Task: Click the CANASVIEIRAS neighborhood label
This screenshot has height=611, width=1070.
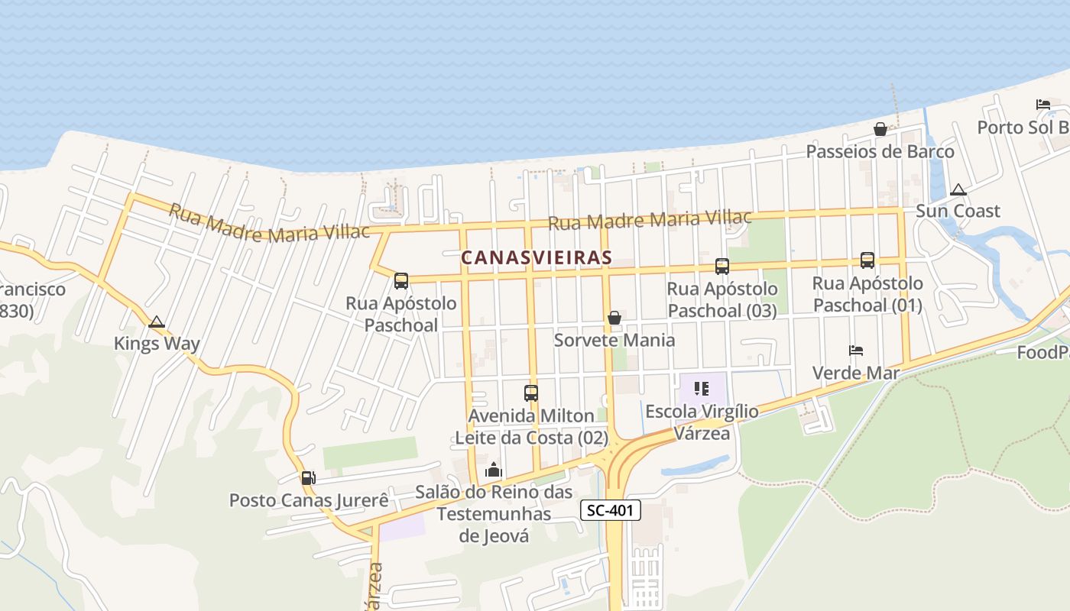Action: point(537,258)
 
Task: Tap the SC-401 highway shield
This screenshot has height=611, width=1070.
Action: point(611,510)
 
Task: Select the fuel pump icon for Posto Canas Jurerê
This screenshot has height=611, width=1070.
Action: point(308,478)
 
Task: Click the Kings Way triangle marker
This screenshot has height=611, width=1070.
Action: point(157,322)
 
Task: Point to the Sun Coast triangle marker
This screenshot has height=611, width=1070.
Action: point(958,189)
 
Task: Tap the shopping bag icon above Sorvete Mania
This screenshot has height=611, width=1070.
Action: point(614,318)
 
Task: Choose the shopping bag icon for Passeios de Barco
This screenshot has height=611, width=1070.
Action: point(880,129)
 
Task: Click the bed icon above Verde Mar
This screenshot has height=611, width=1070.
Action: point(856,351)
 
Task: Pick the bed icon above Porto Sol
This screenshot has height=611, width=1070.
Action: point(1043,104)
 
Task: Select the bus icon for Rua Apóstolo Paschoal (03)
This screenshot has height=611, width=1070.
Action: point(722,267)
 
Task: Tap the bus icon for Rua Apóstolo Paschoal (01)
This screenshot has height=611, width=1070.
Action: point(867,260)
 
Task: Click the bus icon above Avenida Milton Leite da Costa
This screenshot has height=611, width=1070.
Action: point(531,393)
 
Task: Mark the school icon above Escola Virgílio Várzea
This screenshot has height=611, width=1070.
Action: point(702,389)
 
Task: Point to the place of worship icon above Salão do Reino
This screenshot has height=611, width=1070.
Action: point(494,470)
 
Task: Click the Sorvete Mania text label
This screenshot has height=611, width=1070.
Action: point(614,340)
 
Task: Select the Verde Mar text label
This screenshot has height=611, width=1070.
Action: point(855,373)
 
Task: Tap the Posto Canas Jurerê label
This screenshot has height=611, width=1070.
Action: point(309,501)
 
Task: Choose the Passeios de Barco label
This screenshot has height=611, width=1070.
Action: point(880,152)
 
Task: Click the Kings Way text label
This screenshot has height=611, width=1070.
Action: point(157,344)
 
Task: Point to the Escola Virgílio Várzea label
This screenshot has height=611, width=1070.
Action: point(702,422)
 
